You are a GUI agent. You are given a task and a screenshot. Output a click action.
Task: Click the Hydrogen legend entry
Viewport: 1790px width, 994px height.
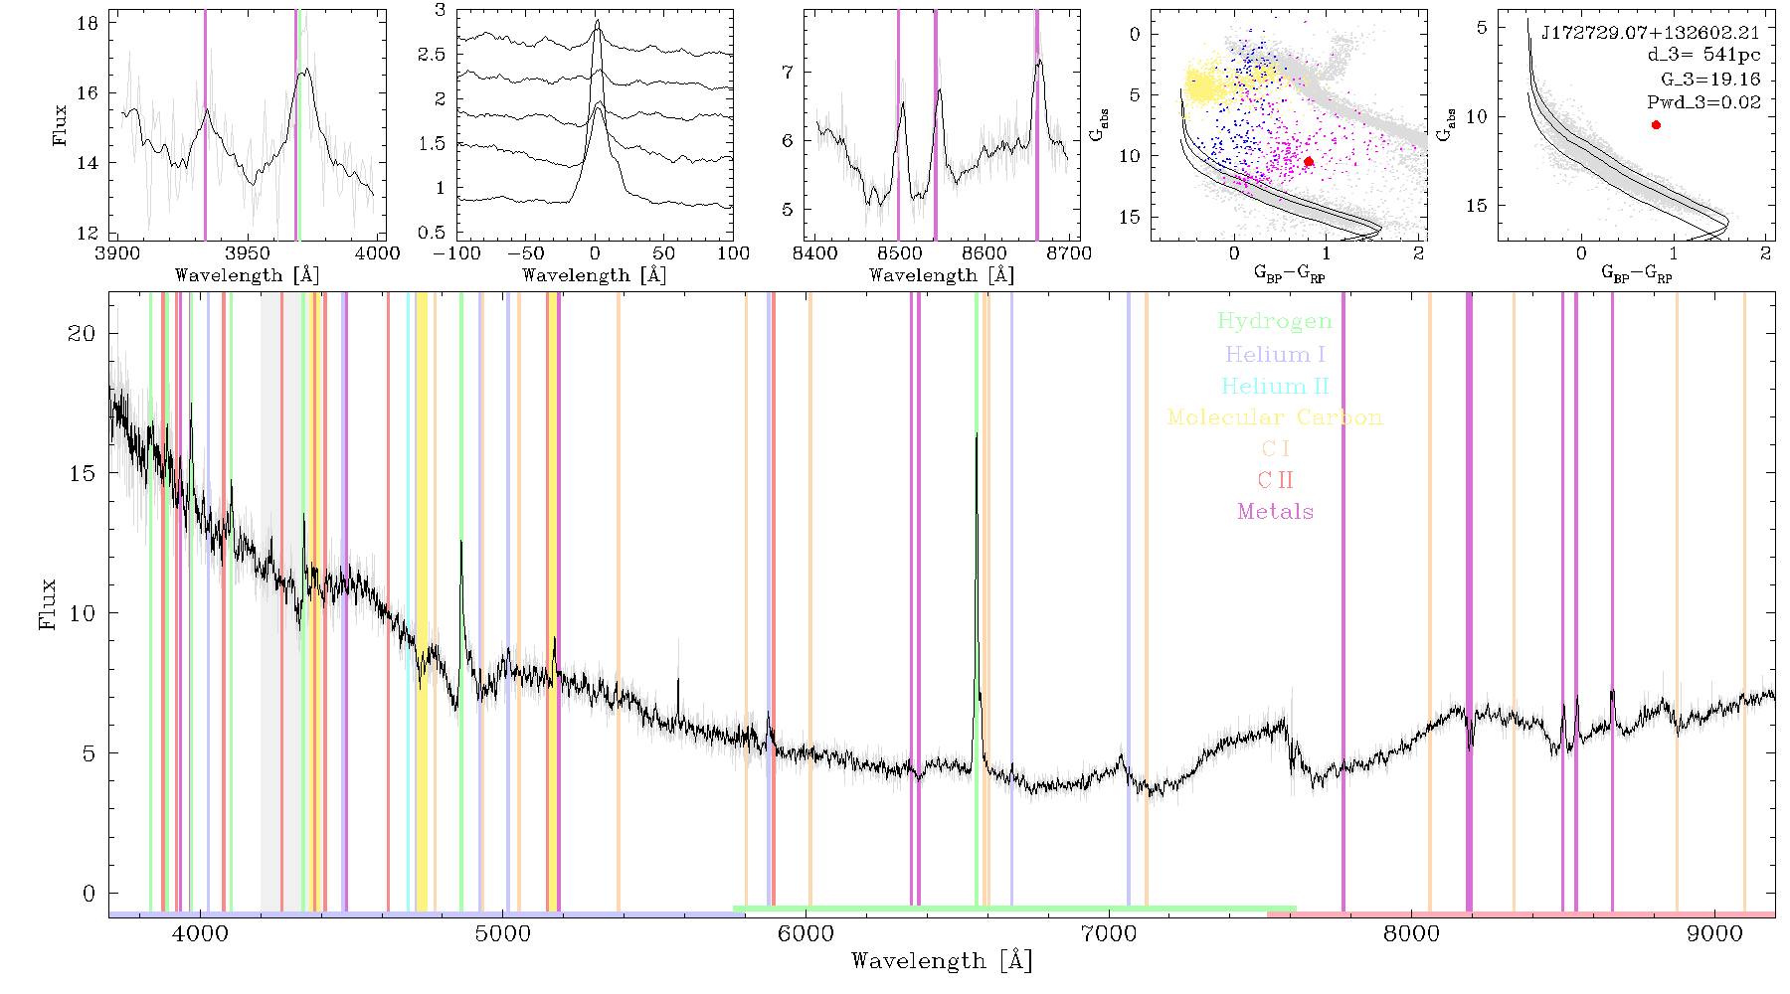(x=1274, y=322)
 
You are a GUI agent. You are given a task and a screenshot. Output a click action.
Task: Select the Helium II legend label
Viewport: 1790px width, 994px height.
(x=1275, y=386)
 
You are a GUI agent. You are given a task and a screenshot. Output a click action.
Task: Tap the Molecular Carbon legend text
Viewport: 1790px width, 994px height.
(x=1275, y=417)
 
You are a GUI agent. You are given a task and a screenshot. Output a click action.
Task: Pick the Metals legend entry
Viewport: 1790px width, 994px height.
(x=1275, y=512)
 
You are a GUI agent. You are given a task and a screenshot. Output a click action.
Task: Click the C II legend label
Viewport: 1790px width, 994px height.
(x=1275, y=480)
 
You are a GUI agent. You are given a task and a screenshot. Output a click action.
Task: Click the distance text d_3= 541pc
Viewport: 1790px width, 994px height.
(x=1703, y=56)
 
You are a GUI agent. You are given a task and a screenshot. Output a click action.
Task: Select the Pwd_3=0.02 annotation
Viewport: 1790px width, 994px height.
(x=1703, y=102)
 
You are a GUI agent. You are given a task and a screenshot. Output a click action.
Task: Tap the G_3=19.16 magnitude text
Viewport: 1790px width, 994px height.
(x=1710, y=80)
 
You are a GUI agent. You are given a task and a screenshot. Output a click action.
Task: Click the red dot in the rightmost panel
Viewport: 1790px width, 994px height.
(x=1656, y=125)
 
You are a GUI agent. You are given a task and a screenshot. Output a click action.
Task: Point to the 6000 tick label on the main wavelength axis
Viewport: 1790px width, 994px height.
(x=805, y=934)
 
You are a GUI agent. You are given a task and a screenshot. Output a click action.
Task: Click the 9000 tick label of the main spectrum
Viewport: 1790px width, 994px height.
(x=1714, y=934)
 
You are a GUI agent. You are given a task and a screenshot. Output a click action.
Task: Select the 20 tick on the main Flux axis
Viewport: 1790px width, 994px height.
(x=82, y=333)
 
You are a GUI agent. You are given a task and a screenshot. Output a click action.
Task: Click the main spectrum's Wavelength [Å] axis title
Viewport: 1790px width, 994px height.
(x=942, y=961)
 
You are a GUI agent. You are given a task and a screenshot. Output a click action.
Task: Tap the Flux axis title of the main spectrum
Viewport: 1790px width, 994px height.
(x=47, y=604)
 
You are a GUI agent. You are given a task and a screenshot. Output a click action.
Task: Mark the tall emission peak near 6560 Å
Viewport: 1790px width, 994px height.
(x=977, y=434)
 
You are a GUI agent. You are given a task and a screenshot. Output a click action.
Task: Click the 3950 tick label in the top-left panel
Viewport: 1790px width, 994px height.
(x=247, y=253)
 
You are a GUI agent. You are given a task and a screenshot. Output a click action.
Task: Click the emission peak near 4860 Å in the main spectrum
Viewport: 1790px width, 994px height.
(x=460, y=542)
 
